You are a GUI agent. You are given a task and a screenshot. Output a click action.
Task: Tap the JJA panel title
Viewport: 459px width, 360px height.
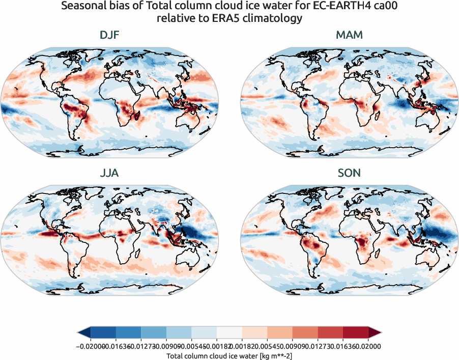coord(109,173)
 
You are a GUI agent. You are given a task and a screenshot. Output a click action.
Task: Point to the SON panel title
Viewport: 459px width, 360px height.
coord(349,173)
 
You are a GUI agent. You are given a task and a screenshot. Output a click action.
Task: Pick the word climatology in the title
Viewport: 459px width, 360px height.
coord(266,19)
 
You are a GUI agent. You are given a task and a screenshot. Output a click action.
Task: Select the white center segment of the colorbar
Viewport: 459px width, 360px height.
coord(229,333)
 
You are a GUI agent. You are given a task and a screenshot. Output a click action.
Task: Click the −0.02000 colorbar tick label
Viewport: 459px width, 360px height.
coord(90,346)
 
